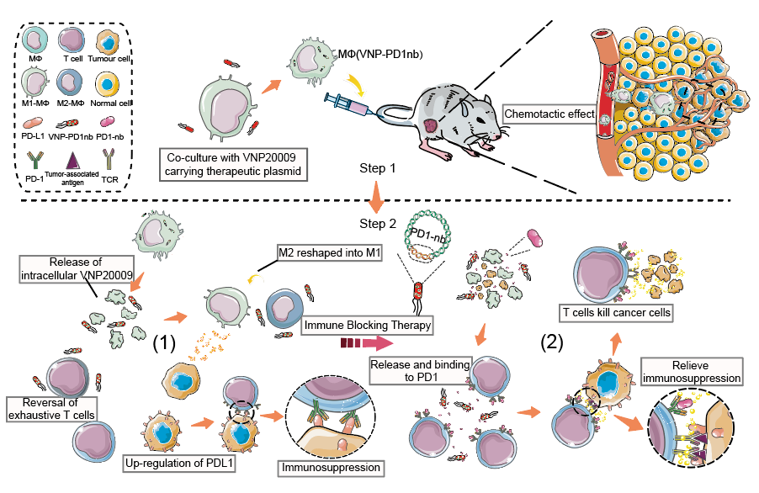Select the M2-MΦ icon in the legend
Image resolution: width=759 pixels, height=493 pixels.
pyautogui.click(x=72, y=84)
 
